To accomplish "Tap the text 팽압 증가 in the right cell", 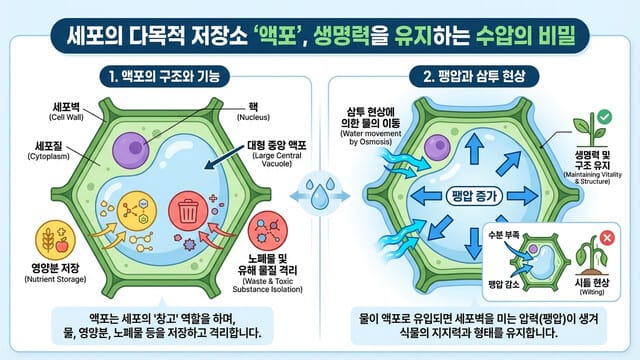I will pos(469,196).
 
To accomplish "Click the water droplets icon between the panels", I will pos(320,195).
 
